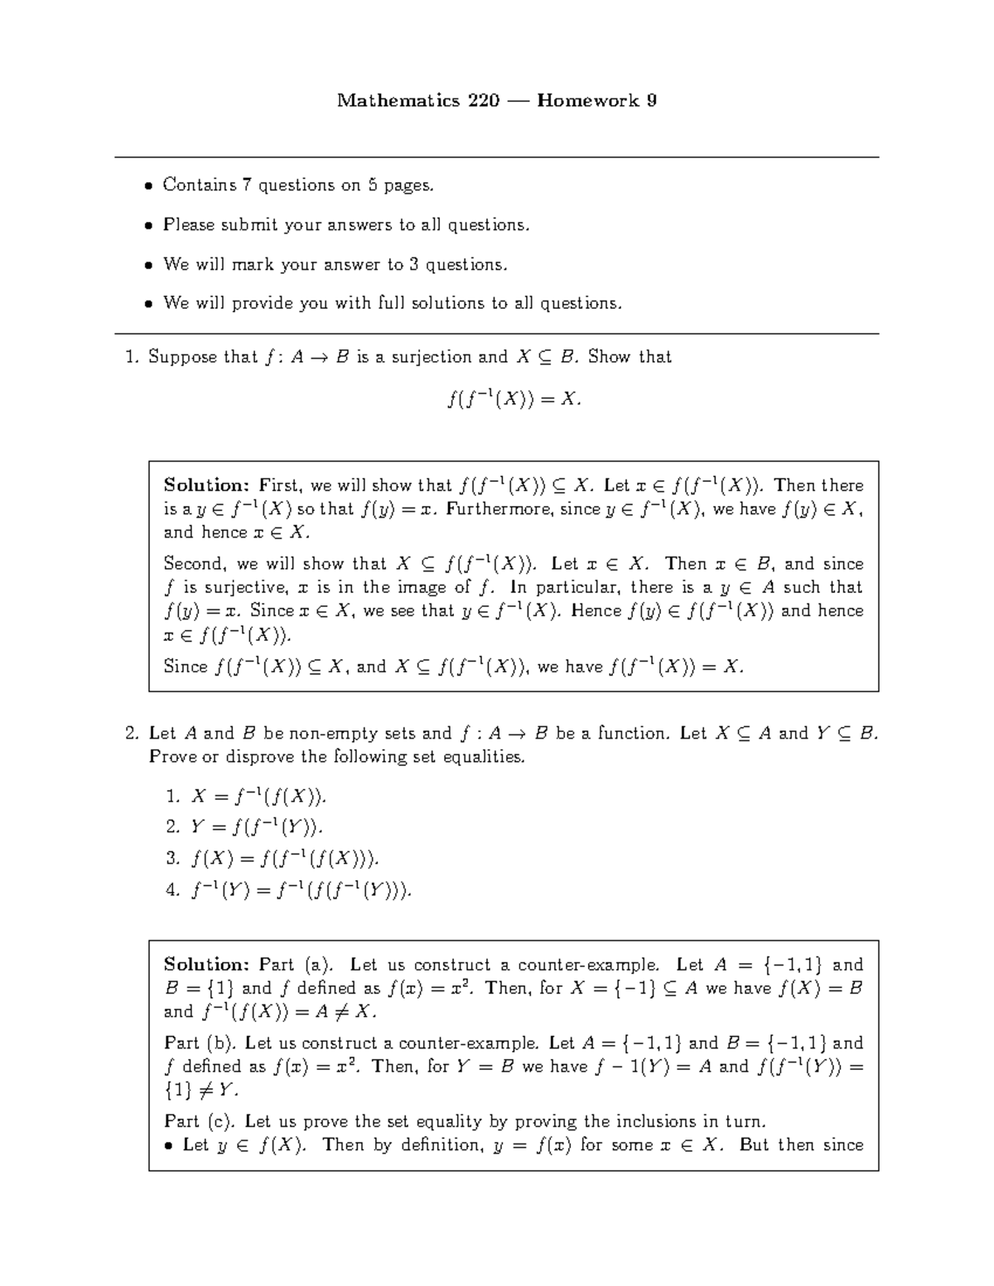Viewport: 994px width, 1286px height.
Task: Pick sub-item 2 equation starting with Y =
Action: [257, 827]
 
